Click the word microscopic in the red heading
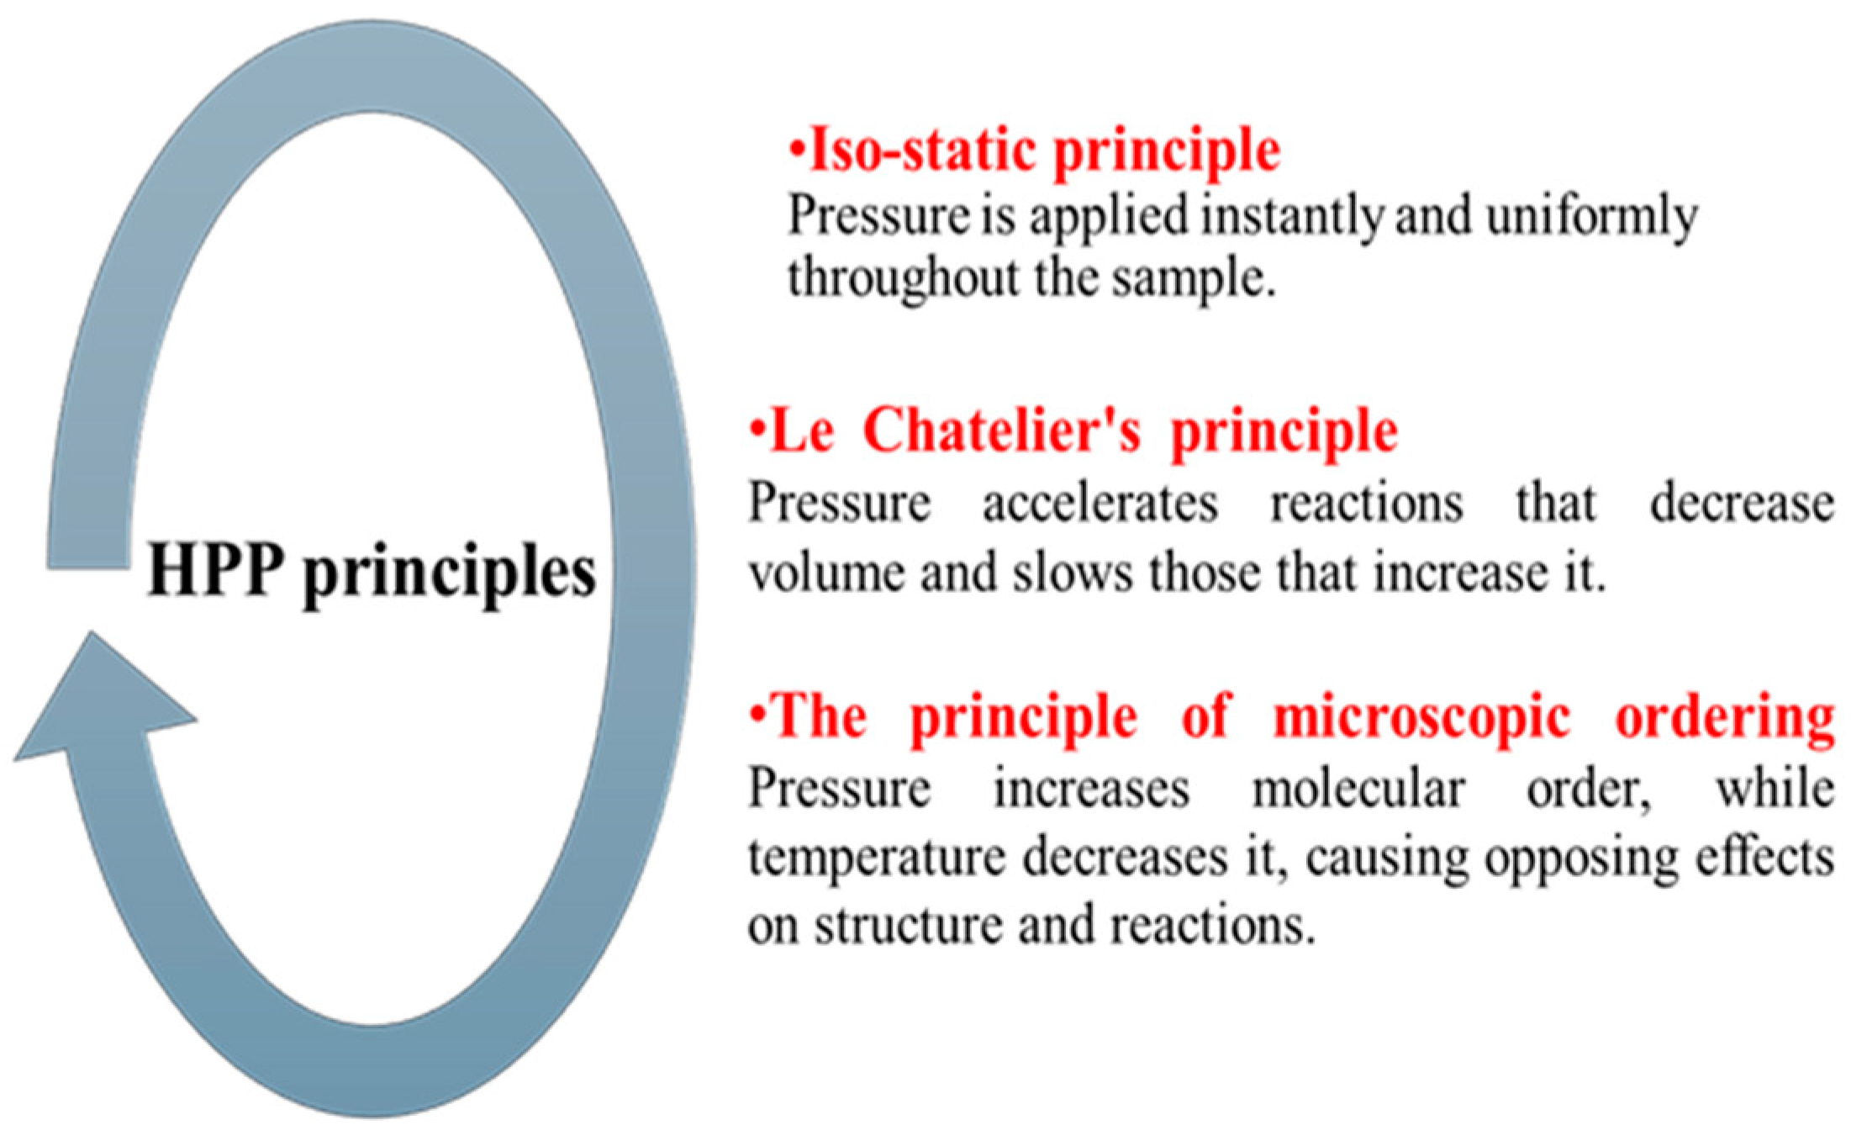(x=1421, y=718)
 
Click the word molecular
(x=1358, y=790)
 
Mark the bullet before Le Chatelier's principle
(x=758, y=429)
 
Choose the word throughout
(x=903, y=278)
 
